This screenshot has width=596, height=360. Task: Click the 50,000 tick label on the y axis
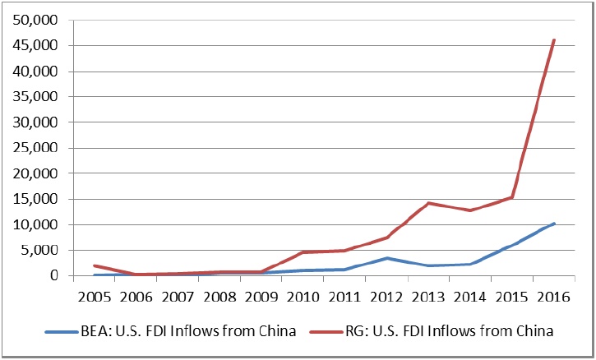(35, 20)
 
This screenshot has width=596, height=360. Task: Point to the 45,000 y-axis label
(35, 45)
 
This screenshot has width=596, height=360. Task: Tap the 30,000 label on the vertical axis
(35, 122)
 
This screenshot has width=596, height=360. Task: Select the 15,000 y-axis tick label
(35, 199)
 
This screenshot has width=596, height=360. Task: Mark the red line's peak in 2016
(554, 39)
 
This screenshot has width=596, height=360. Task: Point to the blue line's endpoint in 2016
(554, 224)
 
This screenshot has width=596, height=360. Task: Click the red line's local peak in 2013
(429, 202)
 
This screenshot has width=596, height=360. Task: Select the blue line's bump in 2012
(387, 258)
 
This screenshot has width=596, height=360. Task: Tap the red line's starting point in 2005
(95, 265)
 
